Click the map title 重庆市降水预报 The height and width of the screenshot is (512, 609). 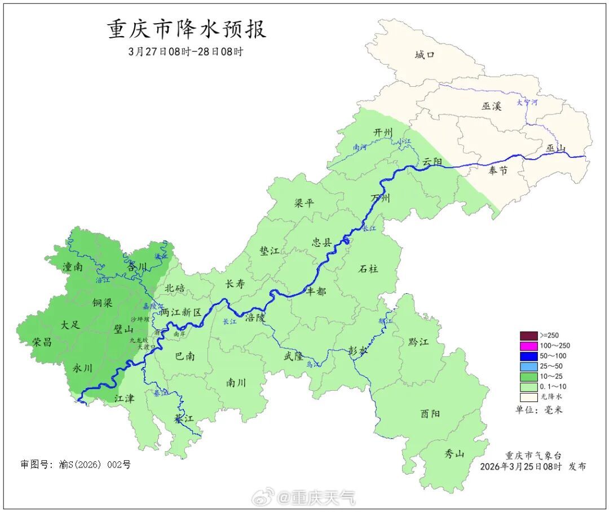(187, 29)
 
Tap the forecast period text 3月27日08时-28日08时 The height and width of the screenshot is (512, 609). (186, 52)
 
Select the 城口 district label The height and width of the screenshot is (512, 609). (425, 55)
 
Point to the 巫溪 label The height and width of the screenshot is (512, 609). (491, 106)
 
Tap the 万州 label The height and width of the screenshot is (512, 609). (380, 198)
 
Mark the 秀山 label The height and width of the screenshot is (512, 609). (454, 453)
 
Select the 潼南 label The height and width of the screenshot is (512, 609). (73, 267)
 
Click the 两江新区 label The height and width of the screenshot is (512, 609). (180, 312)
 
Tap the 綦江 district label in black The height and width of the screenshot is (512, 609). (183, 419)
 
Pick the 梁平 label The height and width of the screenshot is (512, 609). (304, 203)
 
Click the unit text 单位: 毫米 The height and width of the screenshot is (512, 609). (539, 410)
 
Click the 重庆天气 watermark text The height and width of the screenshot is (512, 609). (316, 497)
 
